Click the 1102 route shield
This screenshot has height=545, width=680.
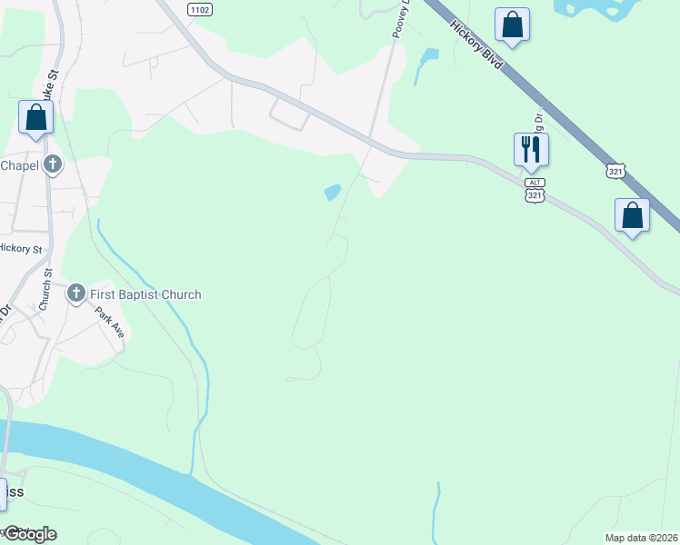point(200,8)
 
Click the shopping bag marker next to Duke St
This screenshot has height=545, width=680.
point(35,118)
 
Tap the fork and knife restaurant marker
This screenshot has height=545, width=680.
point(531,150)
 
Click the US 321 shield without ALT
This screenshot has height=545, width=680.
point(616,170)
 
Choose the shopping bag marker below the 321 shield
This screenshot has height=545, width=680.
point(633,216)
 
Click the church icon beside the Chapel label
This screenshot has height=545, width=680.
point(54,165)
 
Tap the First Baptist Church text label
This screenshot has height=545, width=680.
point(145,294)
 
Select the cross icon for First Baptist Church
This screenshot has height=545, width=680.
point(76,293)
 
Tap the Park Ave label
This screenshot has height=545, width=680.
point(110,322)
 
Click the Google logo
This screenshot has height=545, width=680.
point(29,533)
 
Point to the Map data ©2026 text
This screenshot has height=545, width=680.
point(641,538)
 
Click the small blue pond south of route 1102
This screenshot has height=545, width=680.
point(332,193)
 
